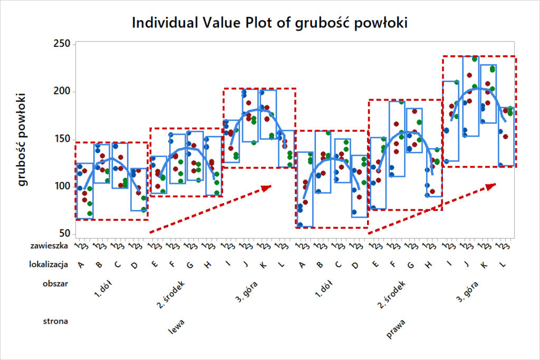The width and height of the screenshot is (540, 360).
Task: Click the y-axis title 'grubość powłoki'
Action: [23, 139]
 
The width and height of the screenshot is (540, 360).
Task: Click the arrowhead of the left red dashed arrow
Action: [267, 187]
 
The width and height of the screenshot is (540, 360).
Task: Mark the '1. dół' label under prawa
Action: [324, 289]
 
